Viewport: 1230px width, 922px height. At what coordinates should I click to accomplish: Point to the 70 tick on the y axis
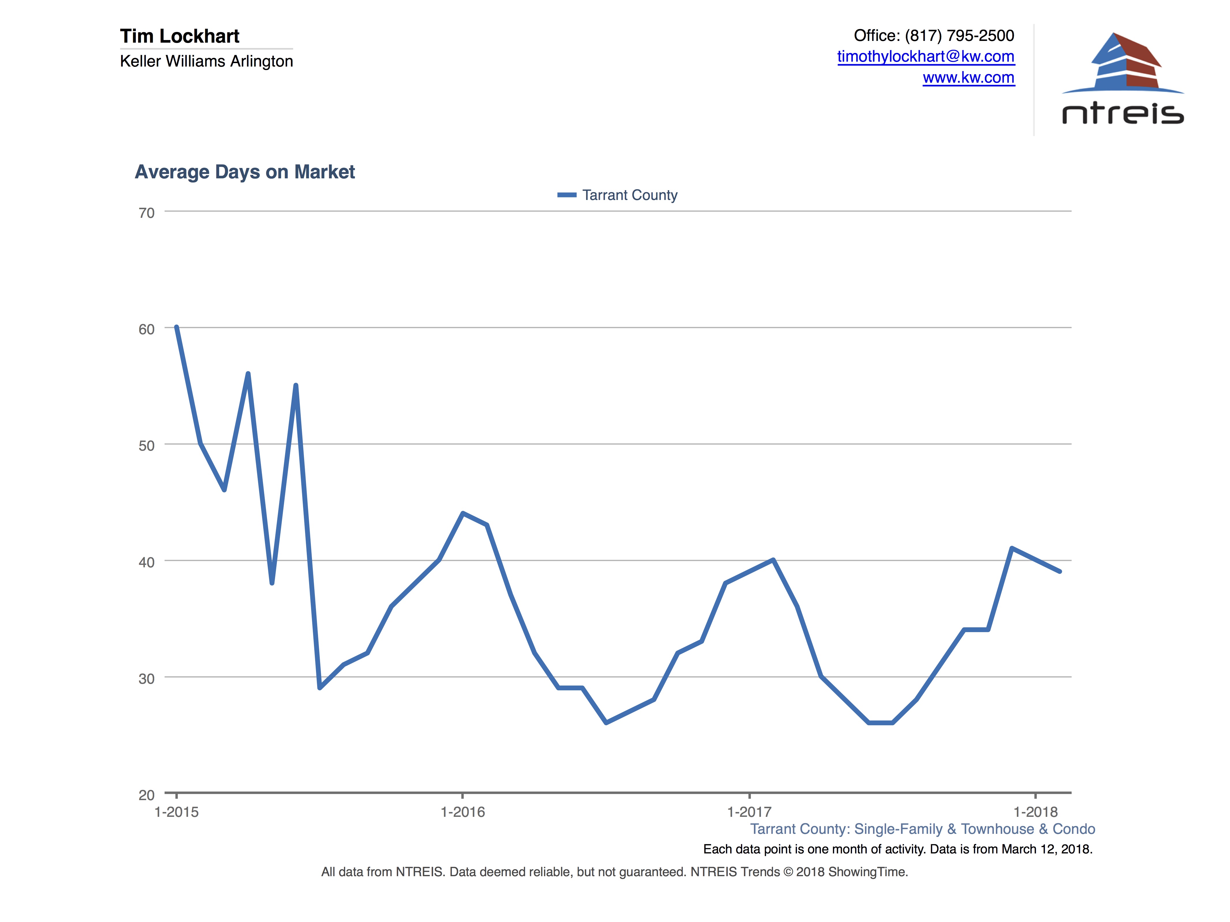coord(146,213)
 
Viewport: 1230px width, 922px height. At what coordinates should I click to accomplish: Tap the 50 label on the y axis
coord(146,446)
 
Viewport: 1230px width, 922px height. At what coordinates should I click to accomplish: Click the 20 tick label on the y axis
coord(146,795)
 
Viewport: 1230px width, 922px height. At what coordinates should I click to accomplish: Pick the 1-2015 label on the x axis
coord(176,812)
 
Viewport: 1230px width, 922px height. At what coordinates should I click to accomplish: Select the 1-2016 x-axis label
coord(463,812)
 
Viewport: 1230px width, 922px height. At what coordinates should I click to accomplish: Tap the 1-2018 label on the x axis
coord(1035,812)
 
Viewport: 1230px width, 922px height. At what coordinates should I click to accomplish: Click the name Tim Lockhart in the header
coord(180,36)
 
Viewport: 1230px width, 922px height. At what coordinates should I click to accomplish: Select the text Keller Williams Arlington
coord(206,61)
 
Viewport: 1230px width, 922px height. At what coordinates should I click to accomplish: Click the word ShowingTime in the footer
coord(868,872)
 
